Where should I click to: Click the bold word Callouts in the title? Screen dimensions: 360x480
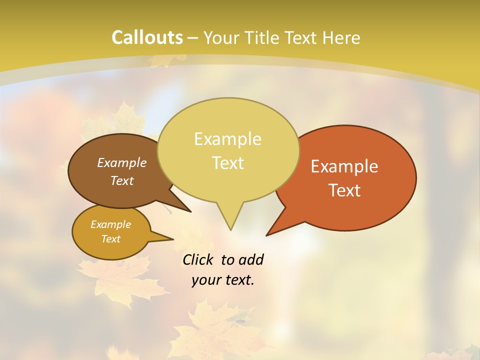click(x=147, y=37)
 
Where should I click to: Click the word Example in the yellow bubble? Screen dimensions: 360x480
click(x=227, y=139)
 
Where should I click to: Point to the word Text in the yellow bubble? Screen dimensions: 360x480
click(x=227, y=163)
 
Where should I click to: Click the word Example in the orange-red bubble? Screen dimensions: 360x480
click(x=344, y=166)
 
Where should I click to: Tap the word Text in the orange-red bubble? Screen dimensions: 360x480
click(x=344, y=190)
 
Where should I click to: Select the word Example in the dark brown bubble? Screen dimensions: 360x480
click(x=122, y=162)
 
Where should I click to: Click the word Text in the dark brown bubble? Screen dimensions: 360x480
click(x=122, y=180)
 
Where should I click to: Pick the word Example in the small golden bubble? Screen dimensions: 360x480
click(x=110, y=224)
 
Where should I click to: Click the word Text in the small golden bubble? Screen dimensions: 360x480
click(x=110, y=239)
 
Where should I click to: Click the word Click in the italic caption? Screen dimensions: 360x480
click(x=198, y=260)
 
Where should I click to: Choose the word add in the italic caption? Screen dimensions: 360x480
click(x=251, y=260)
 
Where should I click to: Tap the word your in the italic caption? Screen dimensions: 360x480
click(x=206, y=280)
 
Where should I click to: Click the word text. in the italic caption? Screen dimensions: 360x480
click(x=238, y=280)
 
